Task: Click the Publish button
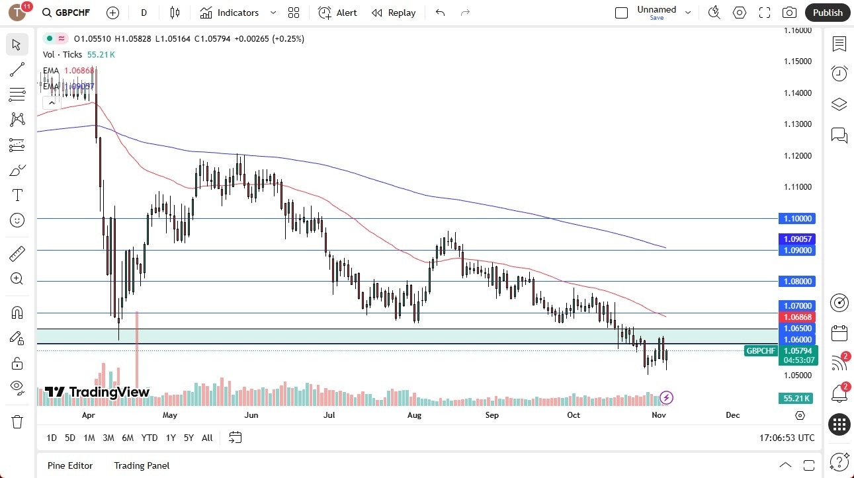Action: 828,13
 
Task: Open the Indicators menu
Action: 237,13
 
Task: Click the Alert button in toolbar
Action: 337,13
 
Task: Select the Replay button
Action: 394,13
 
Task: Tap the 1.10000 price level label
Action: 798,219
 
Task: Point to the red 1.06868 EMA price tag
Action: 798,317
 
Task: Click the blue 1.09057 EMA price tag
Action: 798,239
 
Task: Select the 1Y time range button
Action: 171,438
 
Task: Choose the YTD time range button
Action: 149,438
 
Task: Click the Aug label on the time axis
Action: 414,415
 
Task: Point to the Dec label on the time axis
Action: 732,415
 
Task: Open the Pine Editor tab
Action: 70,465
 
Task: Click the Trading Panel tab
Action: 142,465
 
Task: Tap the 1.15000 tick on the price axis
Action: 798,61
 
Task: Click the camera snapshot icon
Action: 789,13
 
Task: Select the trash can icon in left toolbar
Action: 17,421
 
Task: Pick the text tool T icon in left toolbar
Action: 17,195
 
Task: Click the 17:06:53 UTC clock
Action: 787,438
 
